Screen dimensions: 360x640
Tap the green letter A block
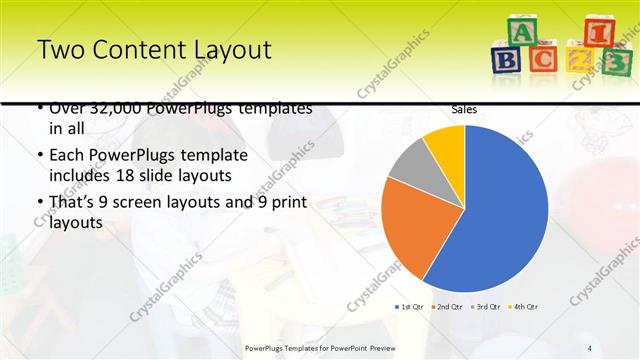point(522,32)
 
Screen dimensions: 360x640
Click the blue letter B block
point(507,59)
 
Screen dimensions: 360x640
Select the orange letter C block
point(544,59)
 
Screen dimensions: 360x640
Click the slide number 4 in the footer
point(590,347)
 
